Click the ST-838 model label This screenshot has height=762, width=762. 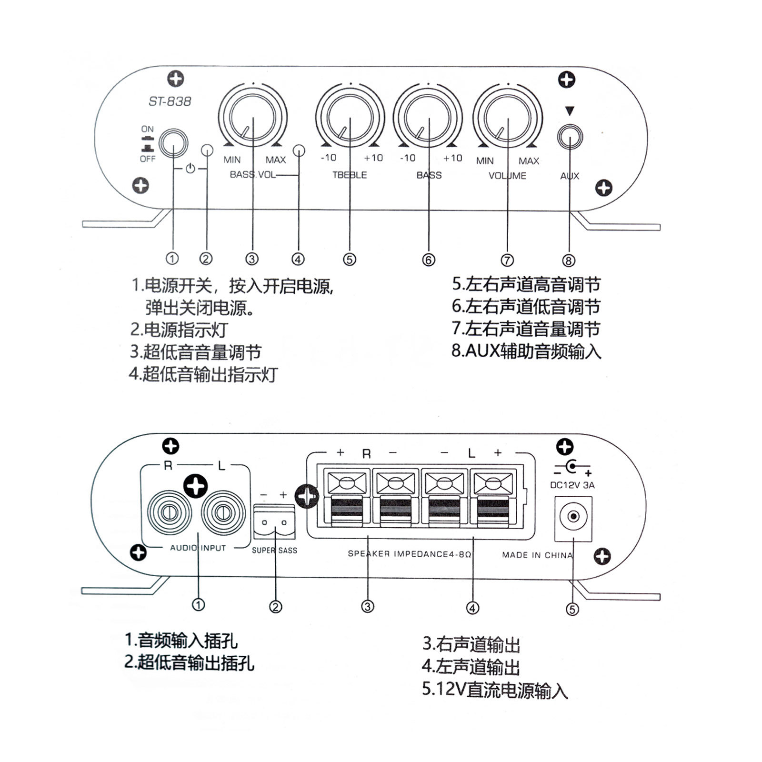click(x=170, y=101)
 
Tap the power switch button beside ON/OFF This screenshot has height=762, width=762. click(x=173, y=143)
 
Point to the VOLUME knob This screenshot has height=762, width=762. click(x=507, y=119)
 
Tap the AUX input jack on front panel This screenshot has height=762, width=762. click(x=570, y=138)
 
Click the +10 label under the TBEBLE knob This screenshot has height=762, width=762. click(x=373, y=158)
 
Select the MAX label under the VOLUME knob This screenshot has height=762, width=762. click(x=529, y=161)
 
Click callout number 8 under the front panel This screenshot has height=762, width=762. click(x=569, y=260)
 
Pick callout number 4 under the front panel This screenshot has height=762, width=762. click(x=298, y=259)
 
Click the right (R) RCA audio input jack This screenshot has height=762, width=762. click(x=168, y=513)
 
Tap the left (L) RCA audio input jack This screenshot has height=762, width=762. click(x=222, y=513)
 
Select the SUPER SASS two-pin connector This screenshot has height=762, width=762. click(x=274, y=522)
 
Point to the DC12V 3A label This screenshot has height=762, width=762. click(x=572, y=485)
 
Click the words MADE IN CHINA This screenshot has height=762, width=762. click(x=537, y=555)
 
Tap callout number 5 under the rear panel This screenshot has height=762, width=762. click(x=572, y=609)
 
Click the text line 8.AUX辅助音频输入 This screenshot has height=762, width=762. click(x=526, y=351)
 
